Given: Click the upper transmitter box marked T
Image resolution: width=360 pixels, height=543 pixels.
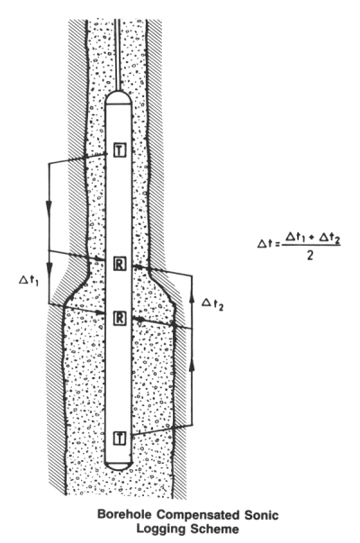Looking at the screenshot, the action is (120, 150).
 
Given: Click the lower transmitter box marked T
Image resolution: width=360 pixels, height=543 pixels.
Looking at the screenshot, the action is (120, 438).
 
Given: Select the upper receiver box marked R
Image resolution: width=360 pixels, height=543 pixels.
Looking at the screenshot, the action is (120, 264).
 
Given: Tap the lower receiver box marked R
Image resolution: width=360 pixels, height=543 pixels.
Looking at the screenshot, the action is (120, 318).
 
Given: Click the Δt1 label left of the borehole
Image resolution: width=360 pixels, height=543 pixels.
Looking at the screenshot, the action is (29, 280).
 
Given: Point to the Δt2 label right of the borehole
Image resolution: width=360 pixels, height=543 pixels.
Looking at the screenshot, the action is (212, 303).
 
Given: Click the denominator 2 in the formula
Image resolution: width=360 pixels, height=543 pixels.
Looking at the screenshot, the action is (310, 256).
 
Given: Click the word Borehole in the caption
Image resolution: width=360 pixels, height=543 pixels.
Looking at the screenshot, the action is (124, 514).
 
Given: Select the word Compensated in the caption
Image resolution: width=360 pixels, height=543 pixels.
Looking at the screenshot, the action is (198, 515).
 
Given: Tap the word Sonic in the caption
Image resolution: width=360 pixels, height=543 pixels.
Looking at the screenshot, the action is (261, 514).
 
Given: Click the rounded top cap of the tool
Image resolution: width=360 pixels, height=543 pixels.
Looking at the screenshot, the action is (119, 96).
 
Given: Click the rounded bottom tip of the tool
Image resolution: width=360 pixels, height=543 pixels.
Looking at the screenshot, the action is (119, 466).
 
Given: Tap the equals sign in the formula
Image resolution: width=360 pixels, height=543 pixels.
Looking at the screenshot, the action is (276, 244).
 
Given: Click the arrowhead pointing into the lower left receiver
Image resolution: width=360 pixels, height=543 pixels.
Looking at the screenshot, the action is (100, 312).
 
